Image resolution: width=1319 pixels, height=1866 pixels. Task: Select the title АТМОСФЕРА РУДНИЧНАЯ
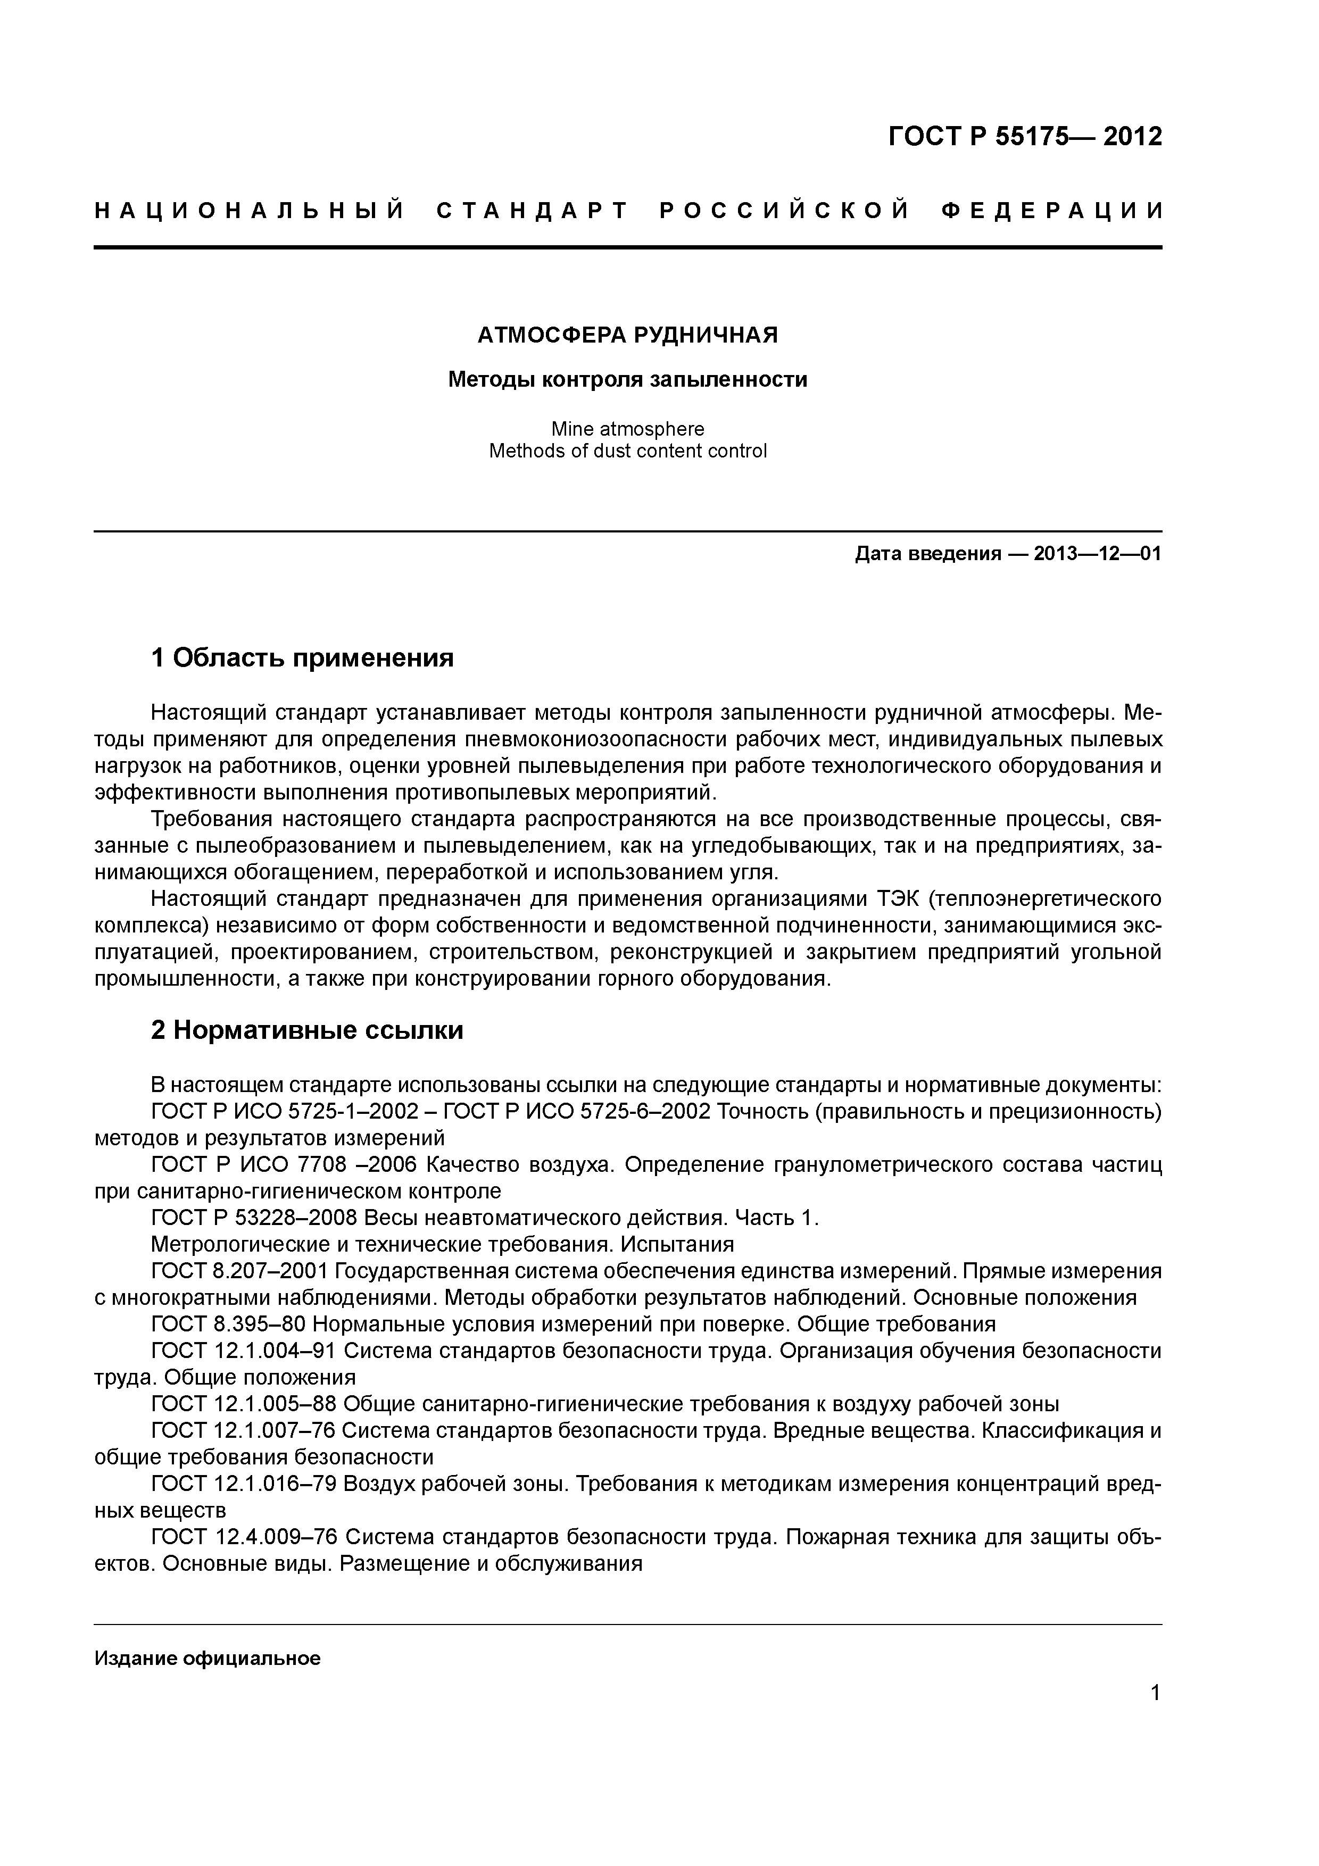coord(627,335)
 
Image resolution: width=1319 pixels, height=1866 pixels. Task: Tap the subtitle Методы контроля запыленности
coord(627,380)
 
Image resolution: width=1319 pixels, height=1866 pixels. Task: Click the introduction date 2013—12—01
coord(1097,554)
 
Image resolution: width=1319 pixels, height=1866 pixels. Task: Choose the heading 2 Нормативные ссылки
coord(307,1030)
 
